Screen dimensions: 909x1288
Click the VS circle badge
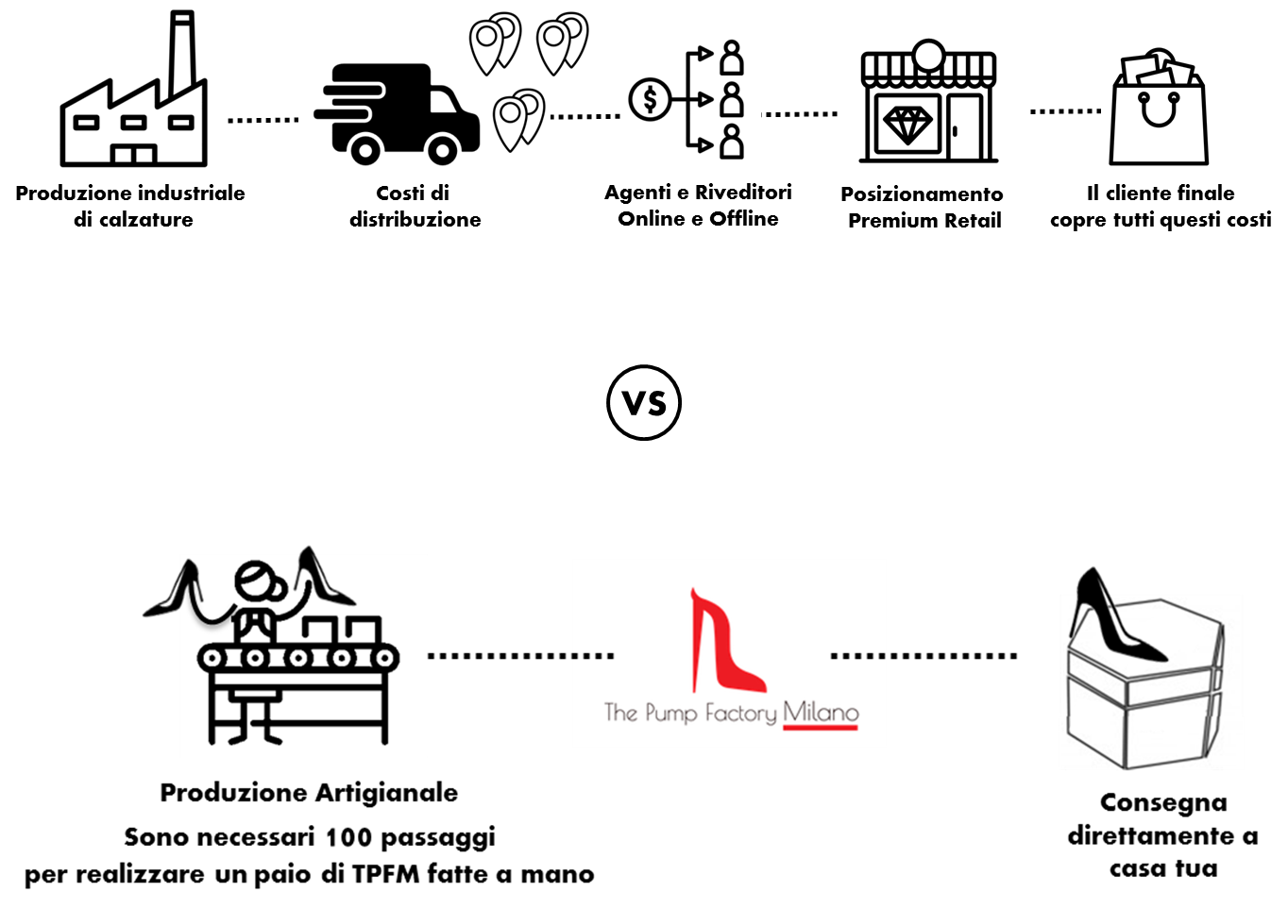pos(643,403)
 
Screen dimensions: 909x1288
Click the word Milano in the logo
pos(820,712)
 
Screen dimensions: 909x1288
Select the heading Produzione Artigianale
pos(309,792)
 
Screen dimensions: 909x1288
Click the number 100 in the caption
pos(348,836)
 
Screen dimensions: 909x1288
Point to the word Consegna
pos(1163,802)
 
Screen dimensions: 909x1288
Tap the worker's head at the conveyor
pos(256,581)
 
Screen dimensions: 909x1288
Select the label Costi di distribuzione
pos(415,206)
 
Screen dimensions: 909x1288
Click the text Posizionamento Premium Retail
pos(924,207)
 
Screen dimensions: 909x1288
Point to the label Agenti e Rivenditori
pos(698,193)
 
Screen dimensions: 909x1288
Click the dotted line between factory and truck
pos(263,120)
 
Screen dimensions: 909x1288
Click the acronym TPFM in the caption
pos(385,874)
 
